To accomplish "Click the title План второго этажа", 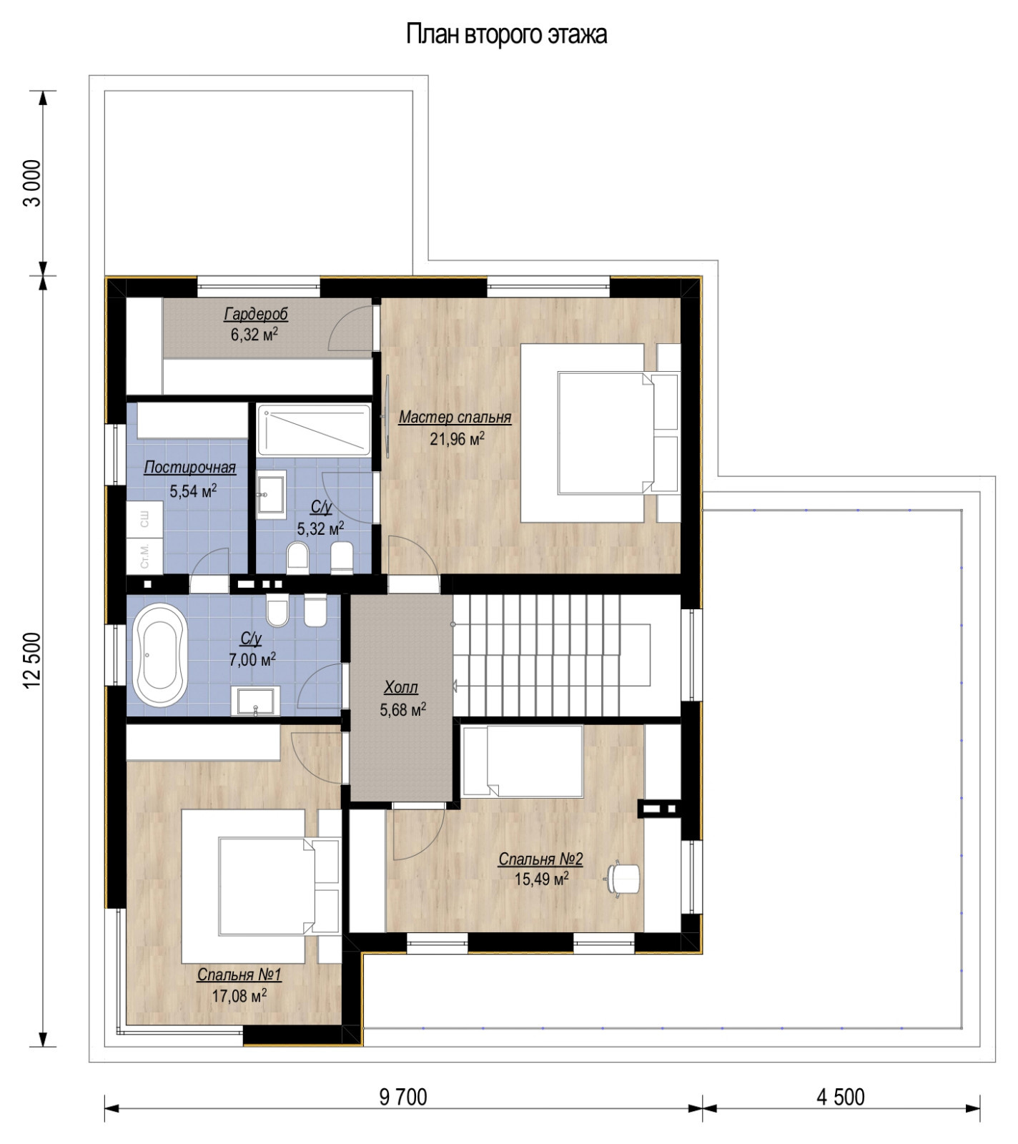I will [x=507, y=34].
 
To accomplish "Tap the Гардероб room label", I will [x=256, y=314].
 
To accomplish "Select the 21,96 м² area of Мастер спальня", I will [x=456, y=438].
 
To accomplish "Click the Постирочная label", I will [x=189, y=468].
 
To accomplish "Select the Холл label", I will [x=400, y=688].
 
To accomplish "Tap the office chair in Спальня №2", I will [x=623, y=877].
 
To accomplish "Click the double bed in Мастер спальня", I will [x=604, y=433].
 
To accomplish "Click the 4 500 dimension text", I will [x=840, y=1096].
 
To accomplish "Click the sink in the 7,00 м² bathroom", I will [x=256, y=701].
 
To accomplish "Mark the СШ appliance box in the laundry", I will [x=145, y=519].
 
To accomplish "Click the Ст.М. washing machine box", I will [x=145, y=556].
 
